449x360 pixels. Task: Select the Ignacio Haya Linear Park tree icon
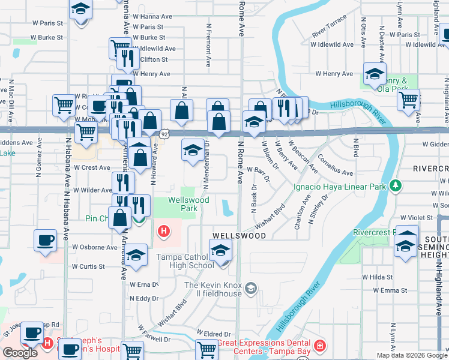395,186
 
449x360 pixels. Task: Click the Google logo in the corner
20,353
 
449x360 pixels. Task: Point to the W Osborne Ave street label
95,247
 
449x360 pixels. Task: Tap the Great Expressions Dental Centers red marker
320,346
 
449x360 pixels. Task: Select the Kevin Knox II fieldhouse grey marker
251,289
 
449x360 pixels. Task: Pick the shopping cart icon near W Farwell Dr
207,348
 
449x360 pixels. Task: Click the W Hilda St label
376,277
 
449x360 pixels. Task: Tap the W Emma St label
390,290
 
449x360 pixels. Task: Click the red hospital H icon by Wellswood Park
163,230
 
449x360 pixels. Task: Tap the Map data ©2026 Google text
412,355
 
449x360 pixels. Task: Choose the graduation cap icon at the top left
80,11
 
